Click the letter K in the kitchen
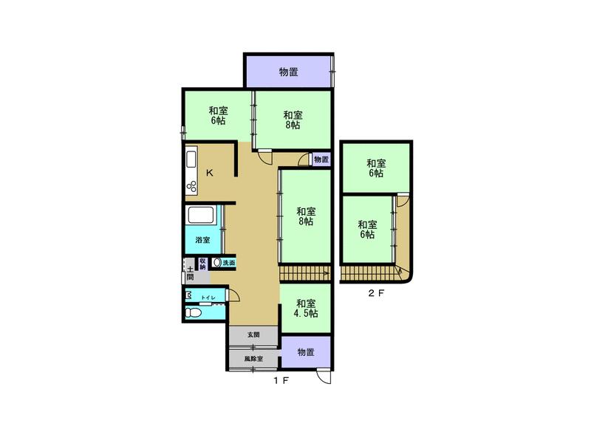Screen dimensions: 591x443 point(210,173)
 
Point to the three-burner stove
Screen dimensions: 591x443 point(191,187)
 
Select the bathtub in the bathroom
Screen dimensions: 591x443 point(201,215)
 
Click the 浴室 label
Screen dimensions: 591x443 point(202,239)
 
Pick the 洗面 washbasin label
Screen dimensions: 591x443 point(229,263)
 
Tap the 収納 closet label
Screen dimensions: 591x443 point(202,264)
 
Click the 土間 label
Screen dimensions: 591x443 point(191,274)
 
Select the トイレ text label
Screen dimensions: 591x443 point(208,298)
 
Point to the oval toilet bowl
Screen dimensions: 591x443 point(194,312)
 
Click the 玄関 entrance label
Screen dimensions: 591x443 point(253,334)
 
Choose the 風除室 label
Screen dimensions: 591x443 point(253,359)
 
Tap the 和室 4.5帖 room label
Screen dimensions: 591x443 point(306,308)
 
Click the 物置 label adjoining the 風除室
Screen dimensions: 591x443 point(306,352)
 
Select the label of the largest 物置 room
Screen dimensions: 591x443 point(289,72)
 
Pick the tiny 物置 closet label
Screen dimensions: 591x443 point(321,159)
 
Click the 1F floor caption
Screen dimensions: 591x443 point(281,380)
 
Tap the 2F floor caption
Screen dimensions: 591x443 point(376,293)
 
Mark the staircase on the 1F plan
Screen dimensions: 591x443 point(304,272)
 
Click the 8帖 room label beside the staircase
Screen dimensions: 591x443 point(306,216)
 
